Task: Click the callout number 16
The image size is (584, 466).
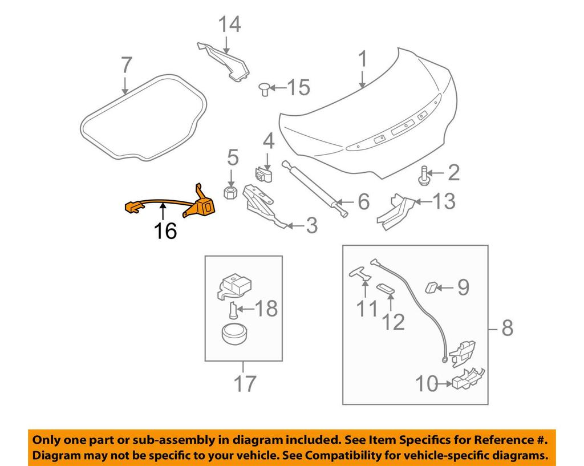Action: (165, 231)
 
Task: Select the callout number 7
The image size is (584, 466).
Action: (126, 66)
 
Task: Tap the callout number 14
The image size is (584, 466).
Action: (230, 25)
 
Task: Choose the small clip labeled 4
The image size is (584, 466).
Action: (262, 172)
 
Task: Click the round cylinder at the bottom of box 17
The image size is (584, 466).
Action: (234, 333)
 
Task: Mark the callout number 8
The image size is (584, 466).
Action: (507, 328)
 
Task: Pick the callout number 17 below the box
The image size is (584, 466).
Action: (245, 385)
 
